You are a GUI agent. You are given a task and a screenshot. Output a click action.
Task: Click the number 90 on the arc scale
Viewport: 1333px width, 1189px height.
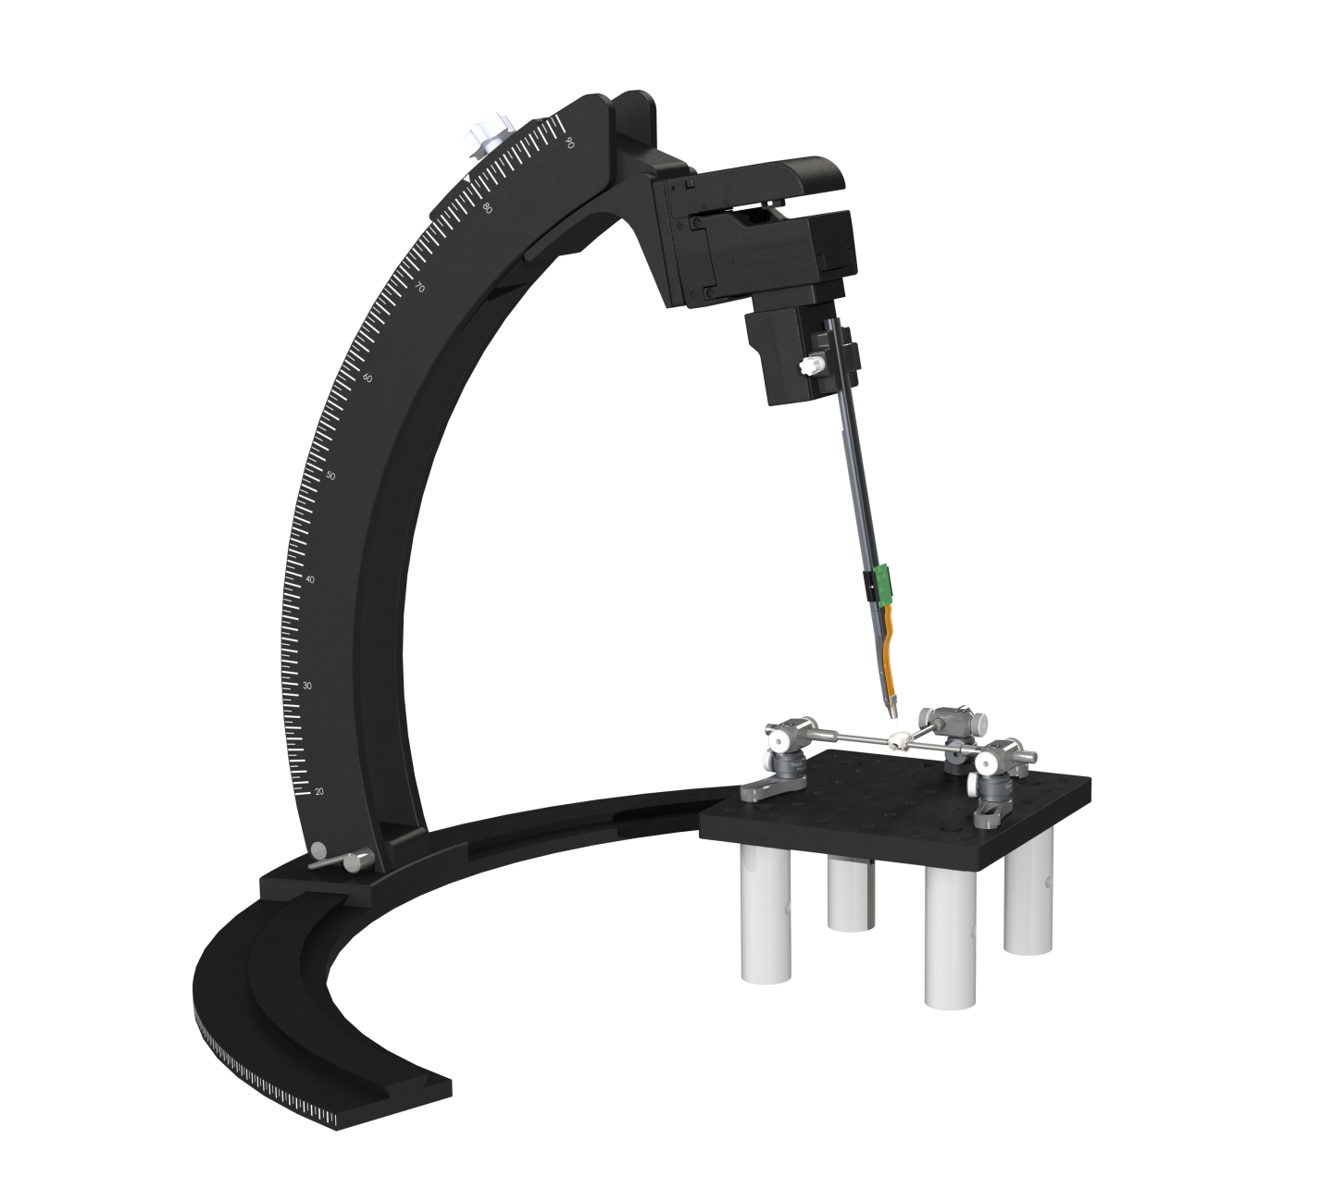pos(570,142)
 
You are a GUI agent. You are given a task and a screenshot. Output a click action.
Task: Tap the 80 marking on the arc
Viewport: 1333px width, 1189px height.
pos(488,208)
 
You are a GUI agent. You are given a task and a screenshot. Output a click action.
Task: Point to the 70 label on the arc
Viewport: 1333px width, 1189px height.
pos(419,288)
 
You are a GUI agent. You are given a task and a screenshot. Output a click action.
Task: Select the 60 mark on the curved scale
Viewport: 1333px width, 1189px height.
pos(368,378)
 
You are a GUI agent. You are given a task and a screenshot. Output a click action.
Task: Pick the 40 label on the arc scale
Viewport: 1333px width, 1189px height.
pos(310,579)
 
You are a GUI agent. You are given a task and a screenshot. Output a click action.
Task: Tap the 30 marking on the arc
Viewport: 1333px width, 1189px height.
pos(307,686)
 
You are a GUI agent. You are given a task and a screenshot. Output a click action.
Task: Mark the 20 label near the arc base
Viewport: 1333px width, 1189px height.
pos(319,791)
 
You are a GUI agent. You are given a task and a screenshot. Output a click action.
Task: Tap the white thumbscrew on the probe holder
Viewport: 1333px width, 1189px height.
pos(813,366)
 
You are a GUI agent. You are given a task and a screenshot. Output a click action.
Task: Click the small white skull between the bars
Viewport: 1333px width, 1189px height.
pos(897,739)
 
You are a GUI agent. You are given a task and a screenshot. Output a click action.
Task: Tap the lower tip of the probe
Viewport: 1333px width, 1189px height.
pos(891,715)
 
